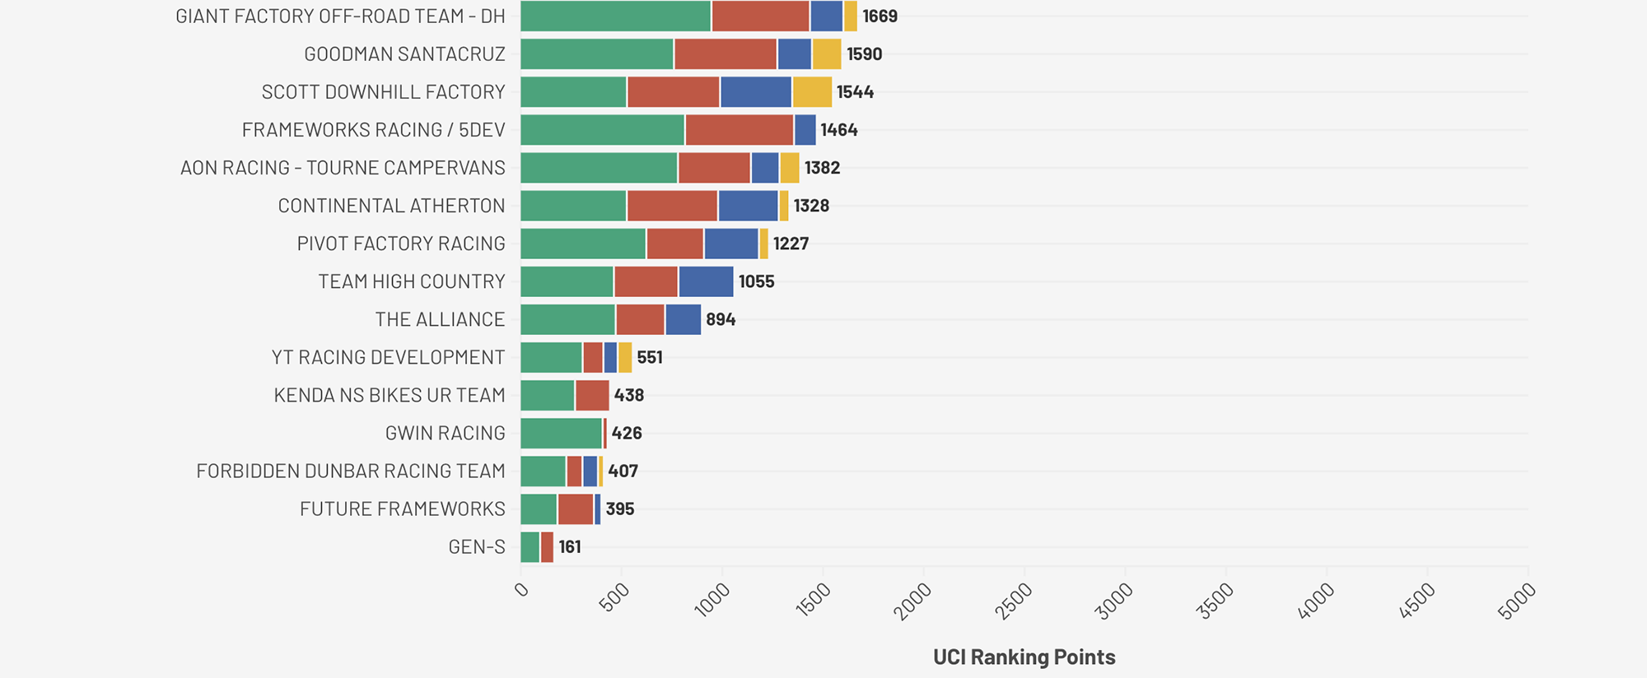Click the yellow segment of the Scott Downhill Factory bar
coord(812,92)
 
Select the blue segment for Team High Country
coord(706,281)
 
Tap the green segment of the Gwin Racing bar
coord(561,433)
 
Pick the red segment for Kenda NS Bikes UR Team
coord(592,395)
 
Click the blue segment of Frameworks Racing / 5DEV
coord(805,130)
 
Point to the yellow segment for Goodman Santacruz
coord(827,54)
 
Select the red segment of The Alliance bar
coord(640,319)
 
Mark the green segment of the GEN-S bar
coord(530,546)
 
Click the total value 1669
coord(879,16)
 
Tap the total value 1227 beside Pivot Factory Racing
coord(791,244)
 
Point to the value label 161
coord(570,546)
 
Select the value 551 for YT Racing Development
coord(650,357)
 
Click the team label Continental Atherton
coord(391,206)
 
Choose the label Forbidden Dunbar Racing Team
coord(350,471)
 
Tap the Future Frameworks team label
coord(402,508)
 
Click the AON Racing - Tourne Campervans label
coord(343,168)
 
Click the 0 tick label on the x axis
coord(522,589)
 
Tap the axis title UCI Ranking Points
coord(1024,657)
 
